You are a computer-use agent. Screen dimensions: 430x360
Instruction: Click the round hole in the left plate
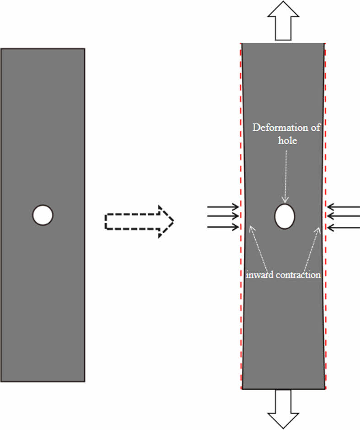point(43,215)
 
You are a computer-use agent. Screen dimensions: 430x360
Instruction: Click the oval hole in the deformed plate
point(284,216)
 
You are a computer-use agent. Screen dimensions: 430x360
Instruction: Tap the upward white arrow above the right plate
point(283,21)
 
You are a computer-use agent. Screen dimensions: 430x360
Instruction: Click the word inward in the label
point(258,275)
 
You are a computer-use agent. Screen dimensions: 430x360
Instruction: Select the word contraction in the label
point(298,275)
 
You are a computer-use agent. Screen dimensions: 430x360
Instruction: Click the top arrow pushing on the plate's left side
point(223,207)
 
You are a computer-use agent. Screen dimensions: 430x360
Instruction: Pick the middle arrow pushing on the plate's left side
point(223,216)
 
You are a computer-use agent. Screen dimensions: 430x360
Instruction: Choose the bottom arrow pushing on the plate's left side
point(223,226)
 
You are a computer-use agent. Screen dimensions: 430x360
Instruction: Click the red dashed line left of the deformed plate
point(241,320)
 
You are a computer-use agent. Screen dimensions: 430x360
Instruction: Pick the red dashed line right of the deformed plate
point(326,320)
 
